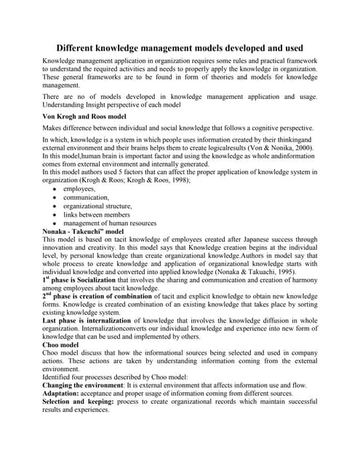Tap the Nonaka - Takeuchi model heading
pyautogui.click(x=89, y=231)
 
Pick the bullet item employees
pyautogui.click(x=80, y=188)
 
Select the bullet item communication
pyautogui.click(x=89, y=197)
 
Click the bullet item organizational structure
pyautogui.click(x=97, y=206)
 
